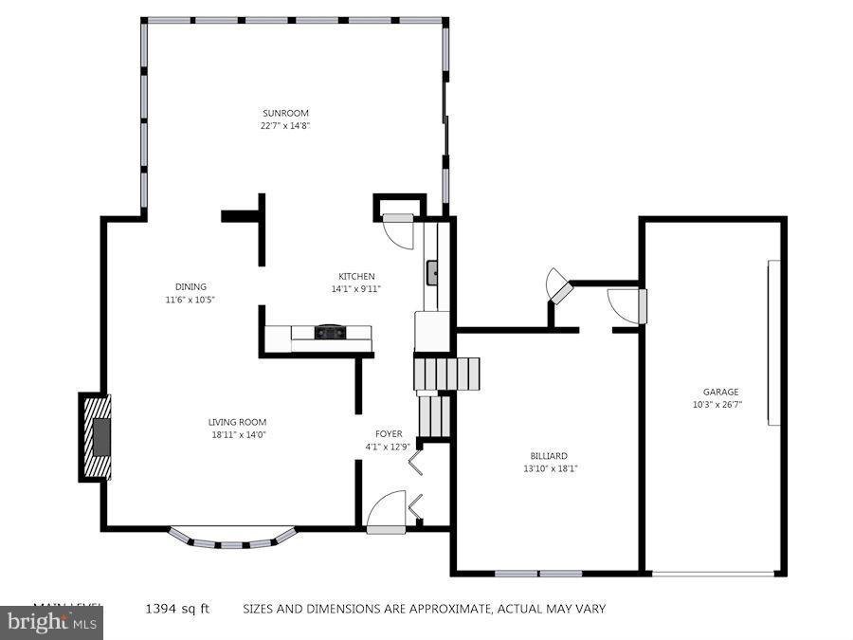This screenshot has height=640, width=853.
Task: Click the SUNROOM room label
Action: (285, 113)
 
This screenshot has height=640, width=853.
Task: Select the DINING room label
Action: (191, 286)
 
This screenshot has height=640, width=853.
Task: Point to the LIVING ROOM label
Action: (237, 422)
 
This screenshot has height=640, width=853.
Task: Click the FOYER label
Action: (388, 434)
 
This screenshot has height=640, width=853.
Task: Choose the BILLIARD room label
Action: (550, 456)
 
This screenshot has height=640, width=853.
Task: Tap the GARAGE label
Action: (720, 392)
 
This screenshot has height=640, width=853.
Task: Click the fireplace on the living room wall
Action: (97, 437)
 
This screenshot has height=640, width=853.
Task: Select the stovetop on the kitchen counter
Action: (330, 332)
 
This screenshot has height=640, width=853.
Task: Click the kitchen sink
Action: (432, 273)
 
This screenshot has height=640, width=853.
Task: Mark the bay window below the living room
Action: (232, 539)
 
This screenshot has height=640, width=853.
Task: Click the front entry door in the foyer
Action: (387, 517)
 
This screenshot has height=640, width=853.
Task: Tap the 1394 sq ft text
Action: (176, 609)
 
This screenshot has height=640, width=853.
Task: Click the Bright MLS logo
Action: (51, 624)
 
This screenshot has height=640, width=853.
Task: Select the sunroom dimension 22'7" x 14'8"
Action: (285, 125)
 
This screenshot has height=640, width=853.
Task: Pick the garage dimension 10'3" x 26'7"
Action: (717, 404)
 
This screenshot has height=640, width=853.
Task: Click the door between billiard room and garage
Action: (629, 305)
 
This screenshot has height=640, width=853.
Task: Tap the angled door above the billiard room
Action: (559, 288)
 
